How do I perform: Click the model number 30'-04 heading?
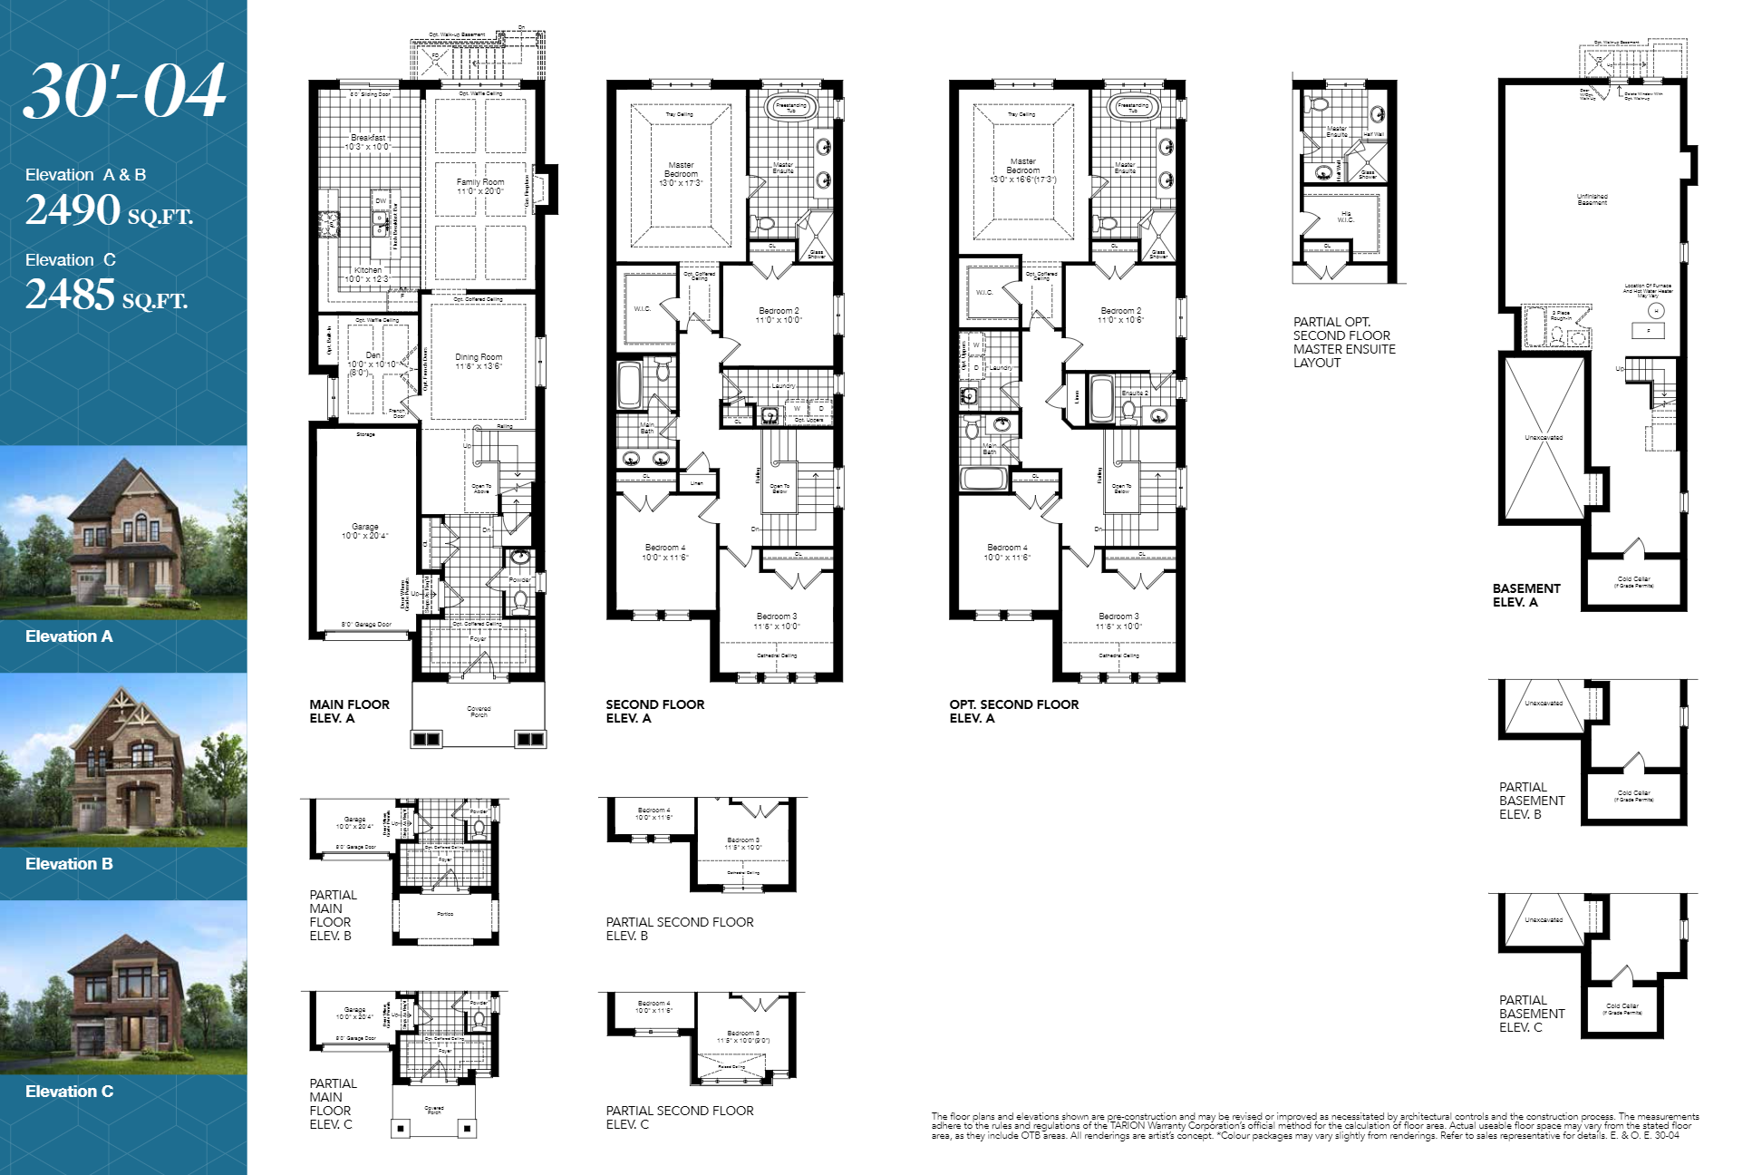click(x=124, y=91)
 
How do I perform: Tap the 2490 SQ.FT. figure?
click(x=109, y=210)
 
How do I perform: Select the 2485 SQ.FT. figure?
click(x=106, y=295)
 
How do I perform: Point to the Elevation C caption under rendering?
click(x=70, y=1092)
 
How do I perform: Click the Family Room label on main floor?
click(x=479, y=187)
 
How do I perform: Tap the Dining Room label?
click(x=478, y=362)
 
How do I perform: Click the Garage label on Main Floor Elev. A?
click(x=365, y=531)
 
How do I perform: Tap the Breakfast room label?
click(x=368, y=141)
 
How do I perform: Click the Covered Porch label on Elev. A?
click(x=479, y=712)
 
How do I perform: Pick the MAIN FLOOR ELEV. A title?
click(x=349, y=711)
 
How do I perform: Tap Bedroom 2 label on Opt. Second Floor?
click(x=1120, y=315)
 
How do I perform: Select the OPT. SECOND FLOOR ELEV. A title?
click(x=1013, y=711)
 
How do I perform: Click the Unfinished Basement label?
click(x=1592, y=199)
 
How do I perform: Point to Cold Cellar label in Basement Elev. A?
click(x=1633, y=582)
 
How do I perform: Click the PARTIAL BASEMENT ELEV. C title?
click(x=1532, y=1014)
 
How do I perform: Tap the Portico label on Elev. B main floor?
click(x=445, y=914)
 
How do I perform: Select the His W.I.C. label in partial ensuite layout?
click(x=1346, y=217)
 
